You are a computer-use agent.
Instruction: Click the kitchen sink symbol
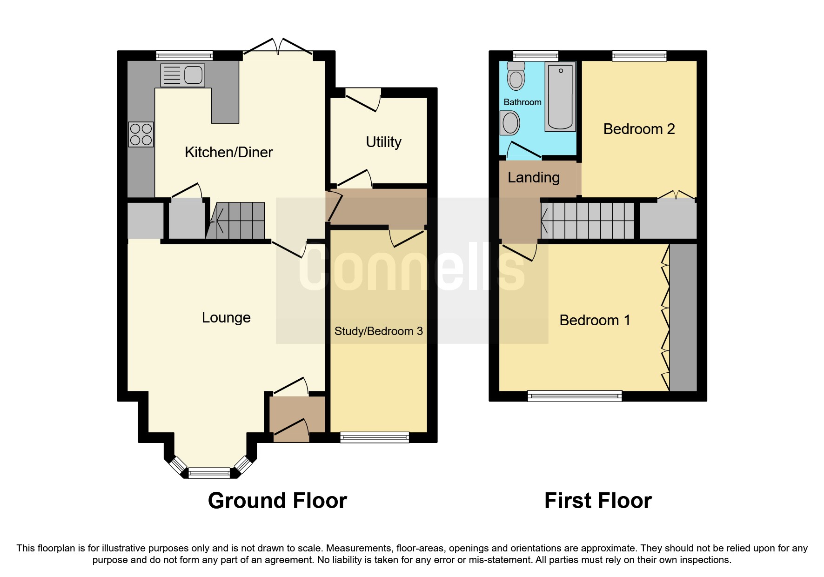point(182,75)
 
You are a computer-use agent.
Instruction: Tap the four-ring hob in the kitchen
point(141,134)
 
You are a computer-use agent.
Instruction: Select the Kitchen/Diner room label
point(228,152)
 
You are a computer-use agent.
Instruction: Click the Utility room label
point(383,142)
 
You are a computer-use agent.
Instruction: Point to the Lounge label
point(226,317)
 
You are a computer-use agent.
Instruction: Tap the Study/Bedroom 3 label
point(378,331)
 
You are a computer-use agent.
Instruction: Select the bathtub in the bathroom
point(560,96)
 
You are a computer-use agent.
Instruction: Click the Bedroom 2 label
point(639,129)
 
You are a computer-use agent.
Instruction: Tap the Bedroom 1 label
point(595,320)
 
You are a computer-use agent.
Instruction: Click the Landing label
point(533,177)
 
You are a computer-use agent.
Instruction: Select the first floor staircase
point(588,221)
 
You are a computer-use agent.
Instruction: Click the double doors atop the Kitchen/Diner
point(278,49)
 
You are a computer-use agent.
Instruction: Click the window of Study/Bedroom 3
point(375,436)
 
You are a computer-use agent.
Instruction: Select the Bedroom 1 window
point(575,396)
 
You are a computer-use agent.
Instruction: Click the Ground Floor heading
point(277,501)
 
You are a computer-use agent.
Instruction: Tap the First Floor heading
point(598,501)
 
